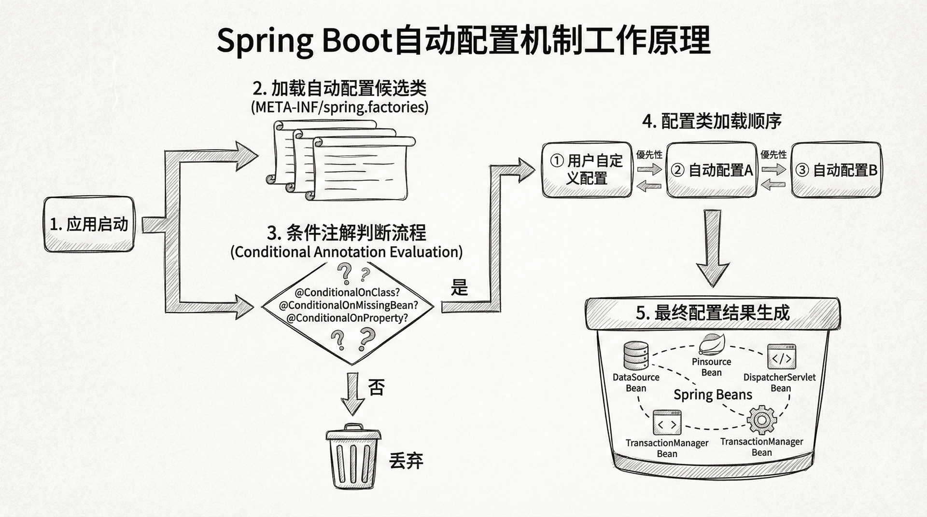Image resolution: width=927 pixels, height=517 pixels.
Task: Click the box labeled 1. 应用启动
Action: [89, 224]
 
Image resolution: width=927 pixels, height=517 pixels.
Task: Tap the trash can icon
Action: [352, 457]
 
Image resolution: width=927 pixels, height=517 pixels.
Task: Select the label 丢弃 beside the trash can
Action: [406, 462]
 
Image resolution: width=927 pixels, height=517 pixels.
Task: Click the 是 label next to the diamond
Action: [459, 288]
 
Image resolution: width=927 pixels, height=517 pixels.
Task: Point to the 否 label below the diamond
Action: [376, 387]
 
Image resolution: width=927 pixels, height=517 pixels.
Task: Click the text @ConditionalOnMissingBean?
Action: [348, 305]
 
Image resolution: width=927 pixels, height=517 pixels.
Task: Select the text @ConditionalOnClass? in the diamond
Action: [347, 292]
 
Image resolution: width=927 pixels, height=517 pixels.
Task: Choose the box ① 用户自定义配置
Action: [587, 170]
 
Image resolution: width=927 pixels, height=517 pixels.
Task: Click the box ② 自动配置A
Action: [711, 170]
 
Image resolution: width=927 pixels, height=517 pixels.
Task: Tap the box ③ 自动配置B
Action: [836, 170]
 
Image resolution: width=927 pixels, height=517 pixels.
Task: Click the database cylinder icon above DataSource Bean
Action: [636, 355]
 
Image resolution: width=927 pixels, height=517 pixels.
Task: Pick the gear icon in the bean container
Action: [761, 420]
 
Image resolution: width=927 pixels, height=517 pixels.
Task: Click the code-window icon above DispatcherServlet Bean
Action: [781, 357]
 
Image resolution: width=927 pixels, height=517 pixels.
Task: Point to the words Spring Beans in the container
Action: [713, 395]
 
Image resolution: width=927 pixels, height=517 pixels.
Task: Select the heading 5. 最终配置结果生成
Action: [713, 313]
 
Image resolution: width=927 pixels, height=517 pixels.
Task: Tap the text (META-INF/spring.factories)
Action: [339, 107]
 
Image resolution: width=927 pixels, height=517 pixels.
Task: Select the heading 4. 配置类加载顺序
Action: [712, 121]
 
